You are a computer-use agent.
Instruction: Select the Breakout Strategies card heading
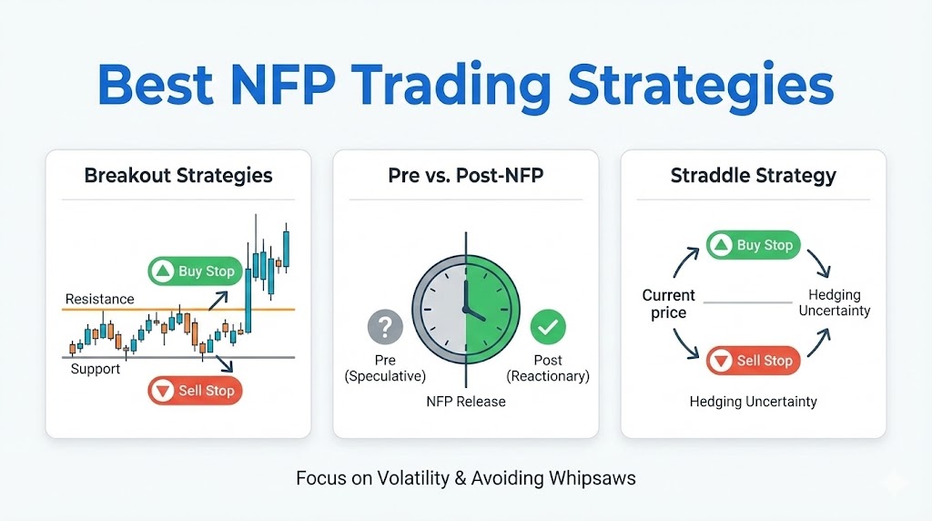point(178,175)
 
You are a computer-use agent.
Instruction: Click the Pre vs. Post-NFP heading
point(465,175)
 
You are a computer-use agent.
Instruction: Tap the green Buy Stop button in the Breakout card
point(195,271)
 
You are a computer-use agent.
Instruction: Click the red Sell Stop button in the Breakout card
point(195,391)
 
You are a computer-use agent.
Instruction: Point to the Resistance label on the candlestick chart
point(99,299)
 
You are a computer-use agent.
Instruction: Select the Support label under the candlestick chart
point(96,369)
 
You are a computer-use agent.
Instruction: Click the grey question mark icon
point(385,326)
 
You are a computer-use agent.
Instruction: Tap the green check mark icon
point(548,326)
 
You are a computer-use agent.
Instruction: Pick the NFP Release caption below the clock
point(465,401)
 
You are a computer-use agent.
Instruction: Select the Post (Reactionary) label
point(548,368)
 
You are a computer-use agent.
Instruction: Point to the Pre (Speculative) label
point(385,368)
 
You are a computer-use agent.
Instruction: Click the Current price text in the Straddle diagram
point(668,304)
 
